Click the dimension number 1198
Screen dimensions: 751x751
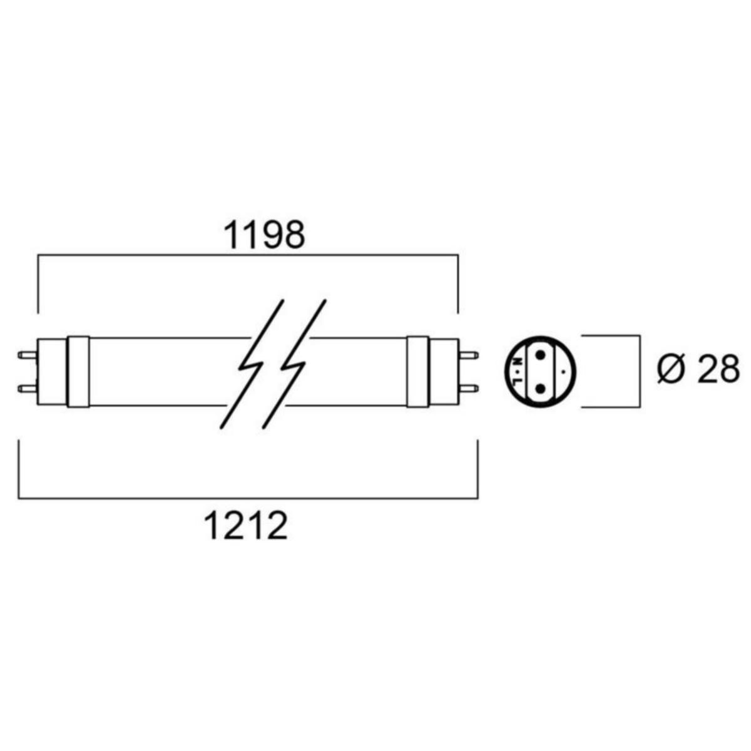point(264,235)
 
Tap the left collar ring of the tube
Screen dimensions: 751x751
point(78,372)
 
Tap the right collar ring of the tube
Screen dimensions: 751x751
point(417,372)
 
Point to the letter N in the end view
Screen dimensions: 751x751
point(518,362)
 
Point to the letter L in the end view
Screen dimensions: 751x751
point(518,380)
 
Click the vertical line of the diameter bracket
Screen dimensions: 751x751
point(638,372)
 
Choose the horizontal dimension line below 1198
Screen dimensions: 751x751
point(247,255)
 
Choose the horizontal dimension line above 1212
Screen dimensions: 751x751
point(247,499)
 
